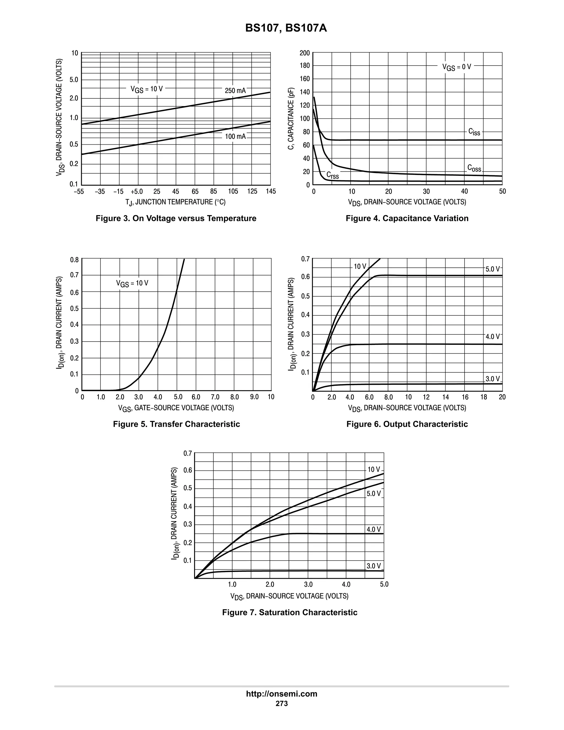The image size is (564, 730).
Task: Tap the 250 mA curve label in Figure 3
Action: (235, 91)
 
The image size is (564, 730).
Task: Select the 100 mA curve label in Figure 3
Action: (235, 136)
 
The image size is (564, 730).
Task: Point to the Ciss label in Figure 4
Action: (474, 132)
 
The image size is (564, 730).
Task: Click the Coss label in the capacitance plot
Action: (474, 168)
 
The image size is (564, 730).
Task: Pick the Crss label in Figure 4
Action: (332, 175)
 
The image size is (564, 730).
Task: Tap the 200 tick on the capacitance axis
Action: (305, 53)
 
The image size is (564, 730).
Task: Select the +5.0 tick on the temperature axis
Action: (137, 191)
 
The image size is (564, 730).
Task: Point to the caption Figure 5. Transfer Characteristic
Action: (177, 424)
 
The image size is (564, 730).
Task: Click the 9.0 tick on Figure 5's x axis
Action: (254, 397)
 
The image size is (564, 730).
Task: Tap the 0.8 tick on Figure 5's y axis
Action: (75, 260)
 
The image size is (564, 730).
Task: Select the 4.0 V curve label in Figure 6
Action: (492, 337)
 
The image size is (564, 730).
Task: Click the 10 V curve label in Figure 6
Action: (360, 266)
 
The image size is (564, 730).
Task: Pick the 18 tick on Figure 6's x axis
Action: (484, 397)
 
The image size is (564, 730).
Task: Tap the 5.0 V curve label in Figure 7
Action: (373, 494)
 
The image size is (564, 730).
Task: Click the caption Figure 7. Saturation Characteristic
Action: (290, 612)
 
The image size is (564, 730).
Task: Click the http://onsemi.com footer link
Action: (282, 694)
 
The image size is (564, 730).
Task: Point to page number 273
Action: (282, 703)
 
